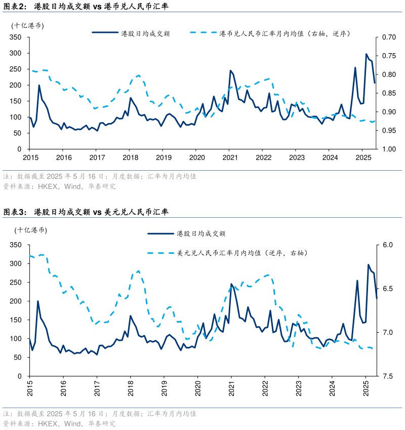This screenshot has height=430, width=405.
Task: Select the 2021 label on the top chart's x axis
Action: point(229,158)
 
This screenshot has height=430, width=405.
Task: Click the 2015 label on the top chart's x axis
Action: point(29,158)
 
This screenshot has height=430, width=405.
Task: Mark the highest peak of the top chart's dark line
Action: point(367,54)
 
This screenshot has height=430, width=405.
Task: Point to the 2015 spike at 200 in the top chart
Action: point(39,85)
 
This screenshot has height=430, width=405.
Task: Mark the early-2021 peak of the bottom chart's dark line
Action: point(231,284)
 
